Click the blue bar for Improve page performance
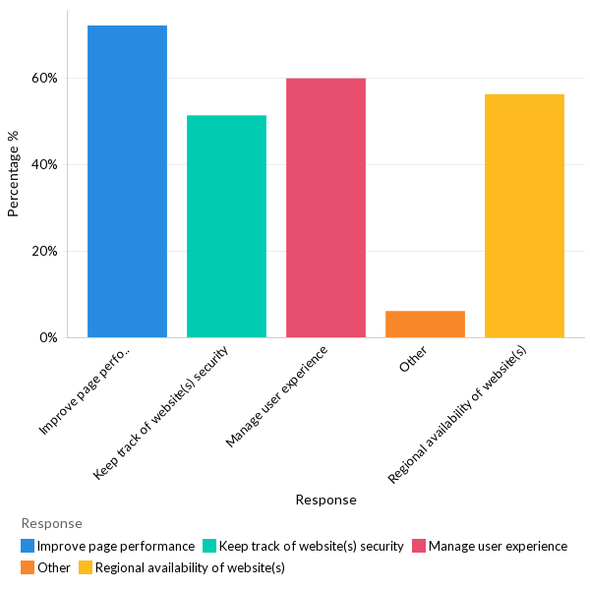pyautogui.click(x=127, y=182)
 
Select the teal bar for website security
pyautogui.click(x=226, y=226)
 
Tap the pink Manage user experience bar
pyautogui.click(x=325, y=207)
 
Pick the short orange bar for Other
pyautogui.click(x=425, y=324)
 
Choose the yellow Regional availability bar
pyautogui.click(x=524, y=215)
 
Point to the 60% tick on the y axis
pyautogui.click(x=45, y=78)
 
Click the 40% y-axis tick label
pyautogui.click(x=45, y=164)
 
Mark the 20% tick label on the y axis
pyautogui.click(x=45, y=251)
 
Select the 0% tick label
pyautogui.click(x=48, y=337)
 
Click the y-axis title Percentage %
pyautogui.click(x=14, y=174)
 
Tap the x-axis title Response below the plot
pyautogui.click(x=325, y=500)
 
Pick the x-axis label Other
pyautogui.click(x=413, y=364)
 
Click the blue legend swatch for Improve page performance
pyautogui.click(x=28, y=546)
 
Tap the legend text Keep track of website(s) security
pyautogui.click(x=311, y=546)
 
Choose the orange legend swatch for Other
pyautogui.click(x=28, y=567)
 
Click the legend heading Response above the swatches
pyautogui.click(x=51, y=523)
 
